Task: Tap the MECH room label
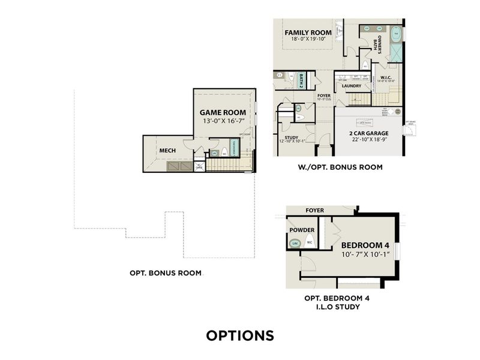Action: [167, 150]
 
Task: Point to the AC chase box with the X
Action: [199, 166]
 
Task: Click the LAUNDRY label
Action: [351, 86]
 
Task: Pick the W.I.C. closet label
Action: [386, 77]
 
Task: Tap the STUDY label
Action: [292, 137]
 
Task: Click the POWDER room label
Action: [301, 229]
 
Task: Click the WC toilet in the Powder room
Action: [310, 242]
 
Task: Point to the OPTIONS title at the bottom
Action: [240, 335]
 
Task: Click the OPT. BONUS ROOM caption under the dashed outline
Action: [166, 273]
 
